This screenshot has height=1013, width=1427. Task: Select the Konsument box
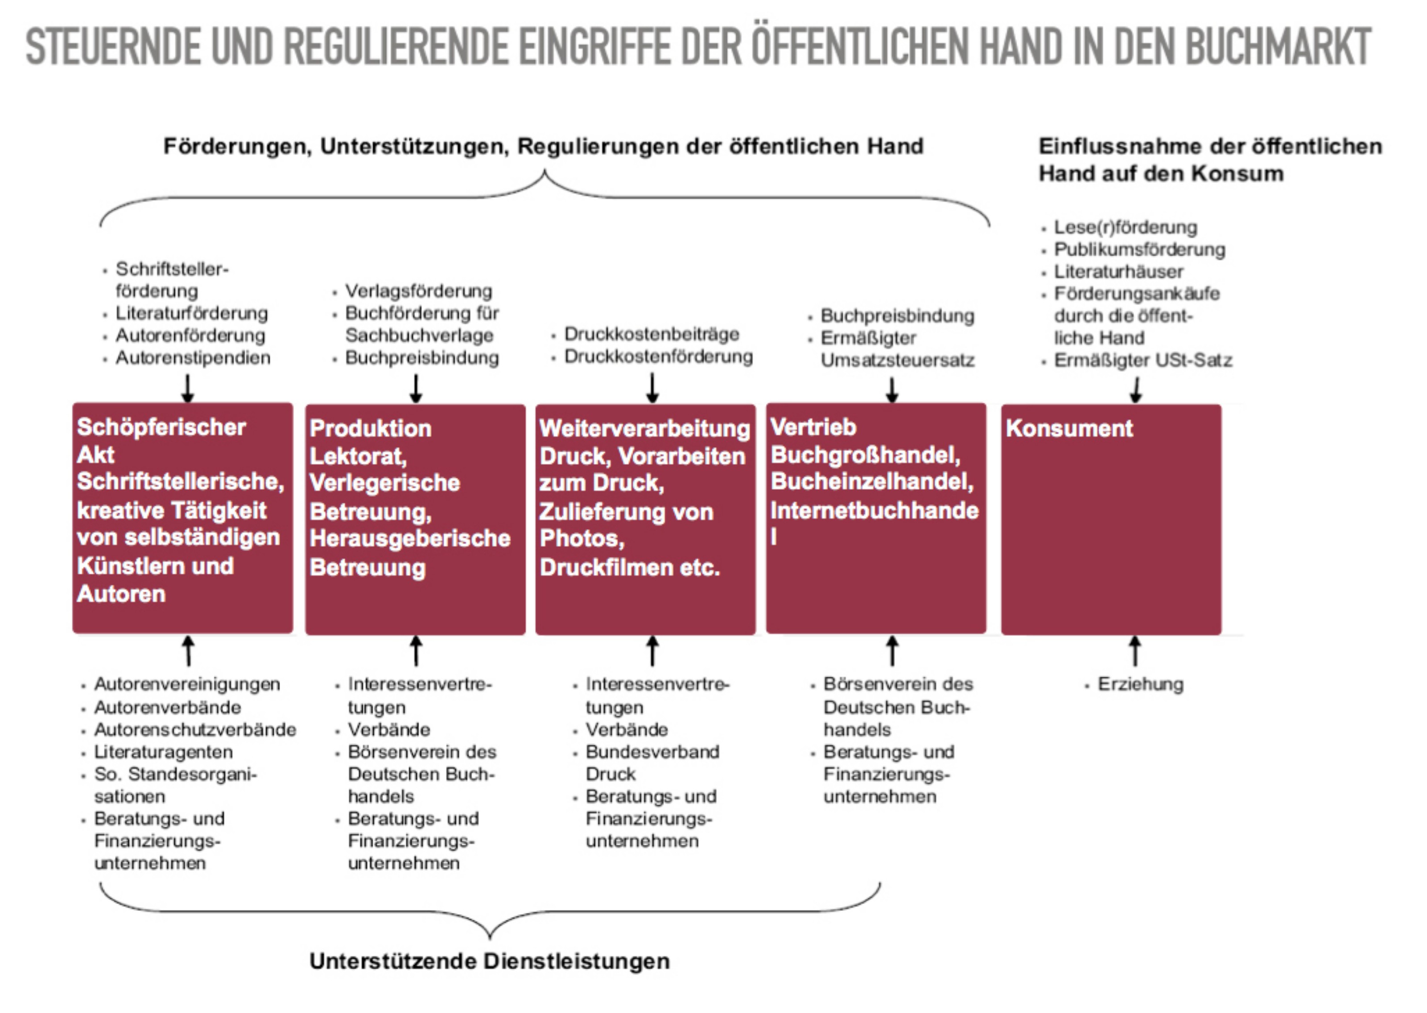click(x=1111, y=519)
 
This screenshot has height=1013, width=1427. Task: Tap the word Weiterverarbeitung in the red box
click(x=644, y=429)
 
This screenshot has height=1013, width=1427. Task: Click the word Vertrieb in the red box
click(x=813, y=427)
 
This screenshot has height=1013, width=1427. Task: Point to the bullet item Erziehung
click(x=1140, y=684)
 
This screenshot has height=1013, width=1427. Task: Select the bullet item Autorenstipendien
click(x=193, y=358)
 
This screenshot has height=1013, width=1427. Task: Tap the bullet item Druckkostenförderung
click(x=658, y=357)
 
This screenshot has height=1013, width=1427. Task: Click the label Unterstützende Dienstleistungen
click(x=489, y=961)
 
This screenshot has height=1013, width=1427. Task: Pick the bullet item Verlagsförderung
click(x=419, y=291)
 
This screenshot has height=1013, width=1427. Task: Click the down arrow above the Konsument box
click(x=1136, y=389)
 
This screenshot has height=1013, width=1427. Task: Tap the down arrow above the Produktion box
click(x=416, y=389)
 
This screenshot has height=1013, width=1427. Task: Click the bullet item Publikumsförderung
click(x=1139, y=250)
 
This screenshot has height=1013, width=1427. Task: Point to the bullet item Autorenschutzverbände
click(x=195, y=730)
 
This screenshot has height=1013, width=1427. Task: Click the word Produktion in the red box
click(x=370, y=429)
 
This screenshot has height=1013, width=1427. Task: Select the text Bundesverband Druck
click(x=652, y=763)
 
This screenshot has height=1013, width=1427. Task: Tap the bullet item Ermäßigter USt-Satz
click(x=1143, y=361)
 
